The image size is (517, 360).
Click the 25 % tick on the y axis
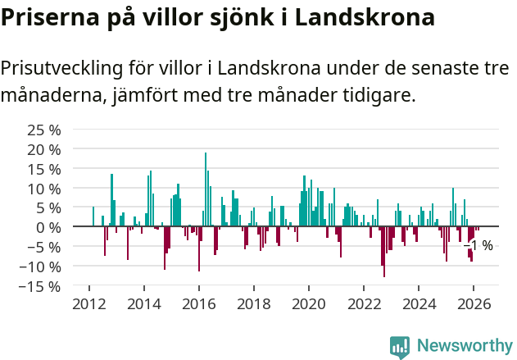[44, 130]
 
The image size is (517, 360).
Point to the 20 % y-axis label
[44, 149]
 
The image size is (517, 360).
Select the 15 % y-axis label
[44, 169]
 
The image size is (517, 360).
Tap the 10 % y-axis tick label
[44, 188]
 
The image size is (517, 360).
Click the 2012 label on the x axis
[88, 304]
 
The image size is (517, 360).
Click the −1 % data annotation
[478, 245]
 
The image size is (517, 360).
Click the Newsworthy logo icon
[400, 346]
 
